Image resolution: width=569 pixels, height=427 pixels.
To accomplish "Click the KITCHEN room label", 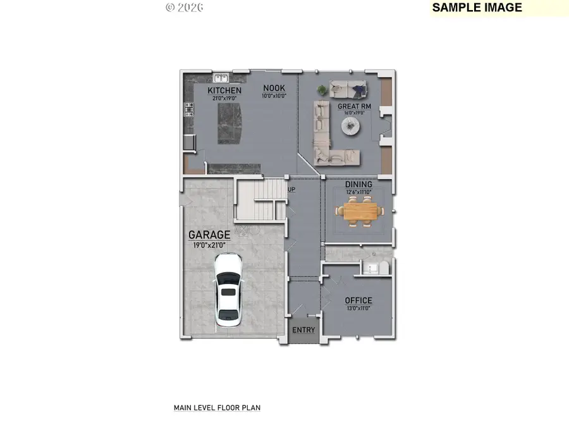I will tap(224, 90).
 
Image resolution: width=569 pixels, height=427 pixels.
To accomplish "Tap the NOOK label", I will tap(274, 88).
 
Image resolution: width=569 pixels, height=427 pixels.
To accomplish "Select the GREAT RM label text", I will tap(354, 106).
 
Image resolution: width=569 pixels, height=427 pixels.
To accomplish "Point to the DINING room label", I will tap(358, 184).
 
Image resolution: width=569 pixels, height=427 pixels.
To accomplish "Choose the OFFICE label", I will tap(358, 300).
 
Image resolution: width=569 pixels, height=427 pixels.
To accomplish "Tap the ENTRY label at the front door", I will tap(303, 330).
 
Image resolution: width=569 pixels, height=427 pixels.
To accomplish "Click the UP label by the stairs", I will tap(291, 189).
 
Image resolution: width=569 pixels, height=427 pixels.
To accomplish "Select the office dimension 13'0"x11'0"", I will tap(358, 309).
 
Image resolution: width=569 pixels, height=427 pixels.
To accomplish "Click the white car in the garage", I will tap(228, 290).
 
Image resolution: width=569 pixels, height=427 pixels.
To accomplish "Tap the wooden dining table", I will tap(358, 210).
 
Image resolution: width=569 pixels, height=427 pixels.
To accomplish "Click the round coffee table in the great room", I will tap(352, 127).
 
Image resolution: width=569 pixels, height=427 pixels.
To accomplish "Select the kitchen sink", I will tap(221, 78).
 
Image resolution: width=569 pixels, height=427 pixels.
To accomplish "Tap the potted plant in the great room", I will tap(322, 89).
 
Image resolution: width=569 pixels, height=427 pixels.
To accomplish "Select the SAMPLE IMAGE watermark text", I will tap(477, 8).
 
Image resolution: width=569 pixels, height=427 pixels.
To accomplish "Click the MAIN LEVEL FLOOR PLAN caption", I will tap(217, 408).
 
